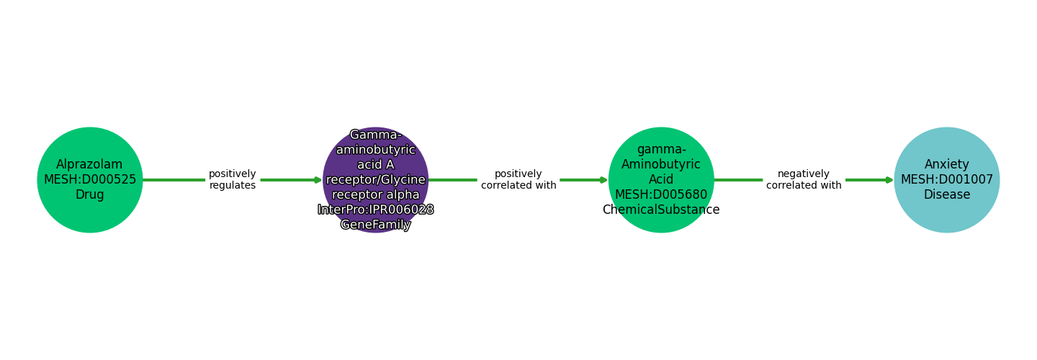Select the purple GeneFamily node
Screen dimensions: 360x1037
click(x=375, y=180)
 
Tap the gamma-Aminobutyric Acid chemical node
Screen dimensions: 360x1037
click(x=661, y=180)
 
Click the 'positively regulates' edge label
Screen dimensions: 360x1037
click(x=232, y=180)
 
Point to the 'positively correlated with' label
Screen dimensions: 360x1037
click(x=518, y=180)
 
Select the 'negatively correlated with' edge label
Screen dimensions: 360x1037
click(x=804, y=180)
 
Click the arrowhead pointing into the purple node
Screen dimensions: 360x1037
click(x=318, y=180)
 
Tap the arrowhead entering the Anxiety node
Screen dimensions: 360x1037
click(x=890, y=180)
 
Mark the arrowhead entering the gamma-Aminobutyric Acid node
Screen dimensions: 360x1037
click(x=604, y=180)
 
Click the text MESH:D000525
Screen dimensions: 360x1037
click(x=90, y=180)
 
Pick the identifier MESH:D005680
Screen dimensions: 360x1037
click(x=661, y=195)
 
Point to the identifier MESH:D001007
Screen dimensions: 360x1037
click(x=947, y=180)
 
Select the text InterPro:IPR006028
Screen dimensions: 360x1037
click(x=375, y=210)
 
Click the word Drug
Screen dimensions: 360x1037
click(x=90, y=195)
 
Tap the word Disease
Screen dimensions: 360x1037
click(x=947, y=195)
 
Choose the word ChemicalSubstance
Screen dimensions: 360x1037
click(x=661, y=210)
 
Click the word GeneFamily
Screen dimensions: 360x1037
click(x=375, y=225)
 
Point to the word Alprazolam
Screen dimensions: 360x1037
click(x=90, y=165)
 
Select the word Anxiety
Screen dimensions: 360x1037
click(x=947, y=165)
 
